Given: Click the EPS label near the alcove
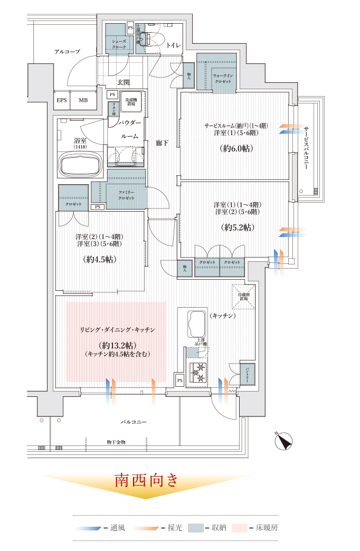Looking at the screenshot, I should tap(62, 100).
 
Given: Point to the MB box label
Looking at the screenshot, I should tap(83, 100).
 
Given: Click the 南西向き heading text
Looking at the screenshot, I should tap(147, 480).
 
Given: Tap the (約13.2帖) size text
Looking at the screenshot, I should tap(117, 345).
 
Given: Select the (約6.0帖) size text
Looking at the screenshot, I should tap(236, 149).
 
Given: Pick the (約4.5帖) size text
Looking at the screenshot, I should tap(100, 260).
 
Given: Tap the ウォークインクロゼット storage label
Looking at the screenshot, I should tap(226, 79).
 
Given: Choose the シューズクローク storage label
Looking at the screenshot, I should tap(119, 44).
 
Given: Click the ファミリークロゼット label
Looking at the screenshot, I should tap(126, 195).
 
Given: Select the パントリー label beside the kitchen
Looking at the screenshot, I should tap(247, 372).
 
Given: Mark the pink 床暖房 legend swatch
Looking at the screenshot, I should tap(240, 527).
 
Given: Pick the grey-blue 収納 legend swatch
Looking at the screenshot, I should tap(195, 527).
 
